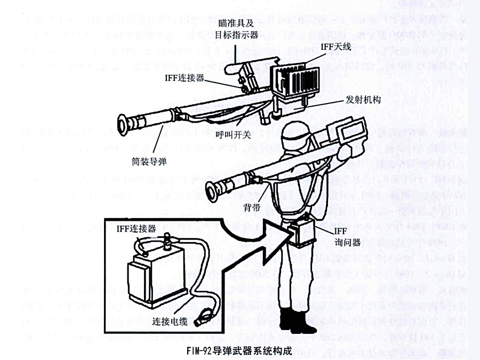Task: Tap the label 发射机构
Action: point(362,99)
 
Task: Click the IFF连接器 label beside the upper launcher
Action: point(185,78)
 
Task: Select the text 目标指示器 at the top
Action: point(238,35)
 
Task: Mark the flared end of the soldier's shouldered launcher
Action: point(213,189)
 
